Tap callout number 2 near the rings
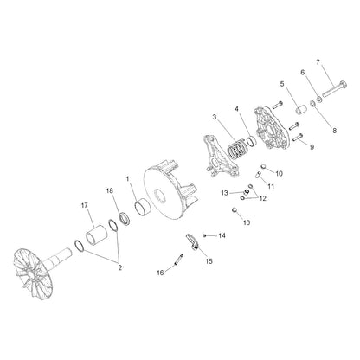(120, 268)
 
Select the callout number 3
(214, 117)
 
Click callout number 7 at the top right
(317, 62)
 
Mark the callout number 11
(271, 185)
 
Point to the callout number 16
(158, 272)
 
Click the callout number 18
(110, 189)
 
